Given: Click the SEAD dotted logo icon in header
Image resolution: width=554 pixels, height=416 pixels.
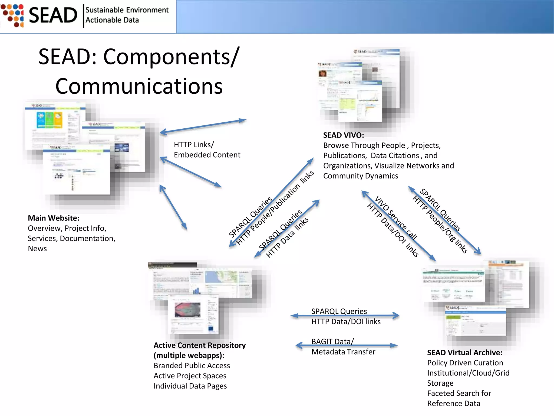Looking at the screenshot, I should coord(12,15).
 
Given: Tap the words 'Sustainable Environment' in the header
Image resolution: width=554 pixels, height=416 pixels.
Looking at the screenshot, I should coord(127,10).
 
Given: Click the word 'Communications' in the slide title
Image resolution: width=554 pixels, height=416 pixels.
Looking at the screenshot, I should coord(139,86).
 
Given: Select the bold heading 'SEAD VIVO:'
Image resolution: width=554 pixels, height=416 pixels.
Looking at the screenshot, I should coord(343,135).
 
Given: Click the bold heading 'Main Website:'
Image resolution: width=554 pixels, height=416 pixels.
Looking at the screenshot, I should coord(54,218).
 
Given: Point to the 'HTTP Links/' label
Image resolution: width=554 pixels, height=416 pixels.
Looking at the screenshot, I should coord(194,145).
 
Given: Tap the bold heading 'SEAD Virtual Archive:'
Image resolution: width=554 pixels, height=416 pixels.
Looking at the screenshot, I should coord(464,352).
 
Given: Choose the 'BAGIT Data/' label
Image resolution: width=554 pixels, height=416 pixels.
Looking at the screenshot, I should coord(332,342).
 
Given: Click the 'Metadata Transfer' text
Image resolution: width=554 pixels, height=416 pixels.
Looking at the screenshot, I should coord(343,352).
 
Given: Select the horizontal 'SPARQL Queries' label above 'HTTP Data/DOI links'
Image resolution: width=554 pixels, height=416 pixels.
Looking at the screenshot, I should coord(339,311).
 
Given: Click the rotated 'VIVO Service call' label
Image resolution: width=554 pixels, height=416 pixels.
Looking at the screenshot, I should coord(396,218).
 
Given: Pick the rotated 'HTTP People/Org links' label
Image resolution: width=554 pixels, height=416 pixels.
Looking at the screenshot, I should coord(440,225).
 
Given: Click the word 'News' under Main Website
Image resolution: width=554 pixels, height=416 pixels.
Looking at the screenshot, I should coord(37,249).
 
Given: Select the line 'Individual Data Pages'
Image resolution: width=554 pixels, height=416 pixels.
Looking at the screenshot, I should coord(190,386).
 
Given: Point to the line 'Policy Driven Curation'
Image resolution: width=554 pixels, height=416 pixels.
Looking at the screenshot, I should coord(465,363).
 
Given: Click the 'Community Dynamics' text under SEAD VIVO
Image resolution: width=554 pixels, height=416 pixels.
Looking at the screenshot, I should coord(360,176).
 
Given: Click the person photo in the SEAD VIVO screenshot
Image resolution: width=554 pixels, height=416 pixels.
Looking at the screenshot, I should coord(322,73).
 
